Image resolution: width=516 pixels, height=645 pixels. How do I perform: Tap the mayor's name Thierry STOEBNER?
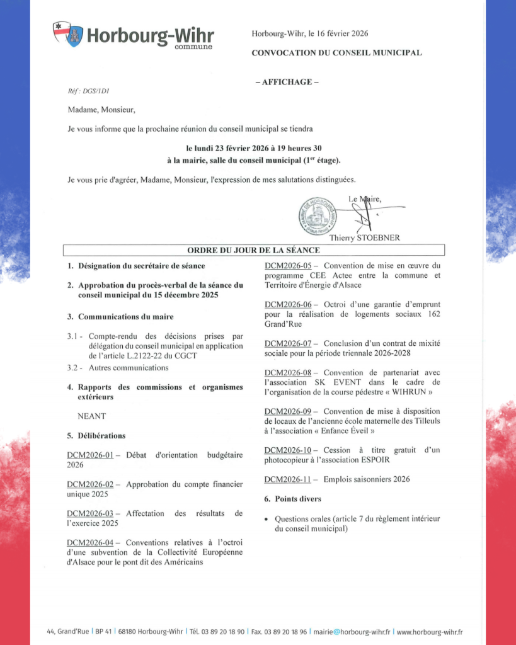tap(364, 238)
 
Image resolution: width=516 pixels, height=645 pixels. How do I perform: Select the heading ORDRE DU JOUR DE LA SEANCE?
tap(254, 250)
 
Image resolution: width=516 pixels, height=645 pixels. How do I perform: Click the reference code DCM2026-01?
tap(90, 455)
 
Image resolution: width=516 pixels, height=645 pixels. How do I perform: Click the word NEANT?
tap(91, 416)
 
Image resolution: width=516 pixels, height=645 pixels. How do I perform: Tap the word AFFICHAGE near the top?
tap(286, 82)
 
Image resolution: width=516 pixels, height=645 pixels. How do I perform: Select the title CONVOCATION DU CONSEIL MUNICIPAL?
tap(336, 53)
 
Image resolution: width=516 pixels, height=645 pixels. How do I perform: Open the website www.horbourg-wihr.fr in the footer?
tap(430, 632)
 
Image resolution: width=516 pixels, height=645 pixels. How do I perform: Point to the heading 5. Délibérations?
tap(96, 435)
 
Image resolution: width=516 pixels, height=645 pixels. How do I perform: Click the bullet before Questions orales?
tap(267, 519)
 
